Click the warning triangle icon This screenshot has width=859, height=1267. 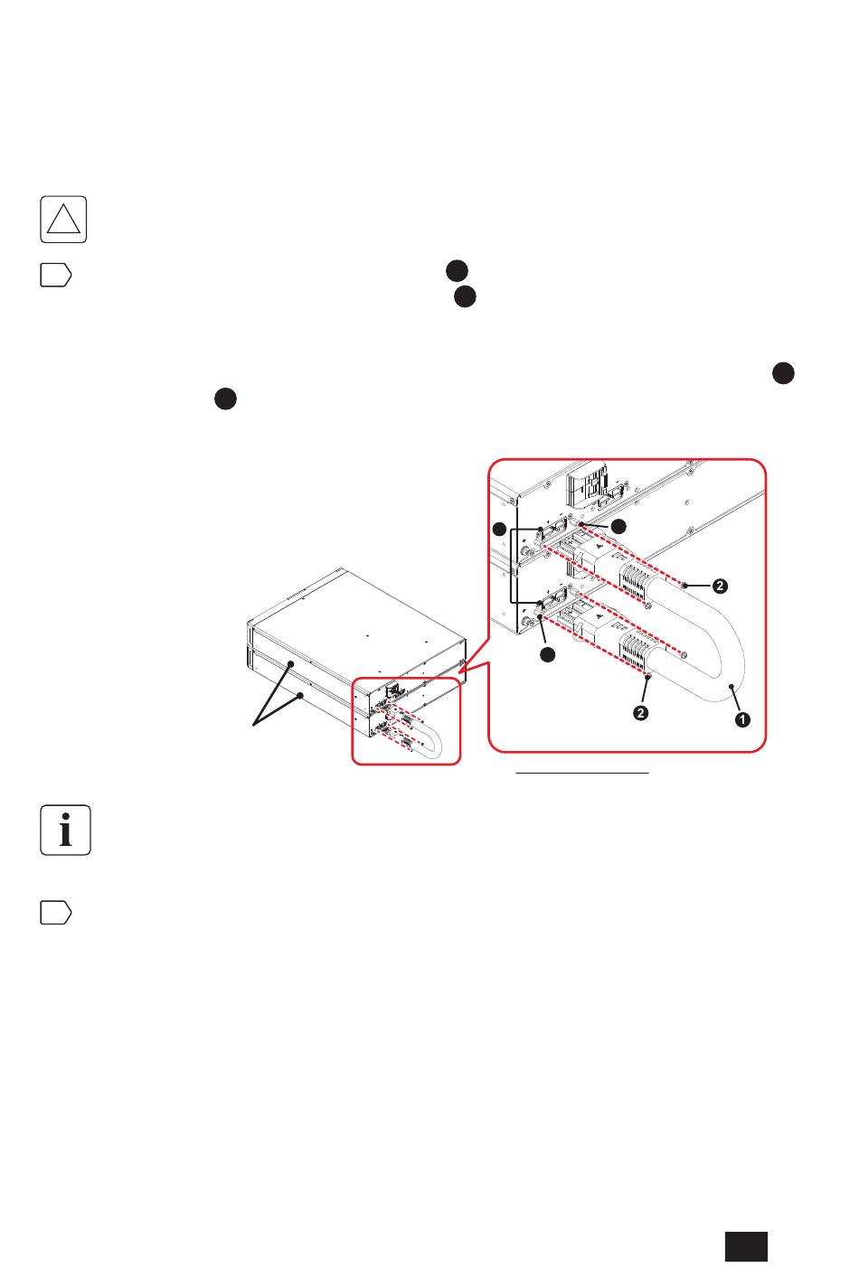tap(63, 220)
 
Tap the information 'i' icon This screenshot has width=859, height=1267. tap(66, 830)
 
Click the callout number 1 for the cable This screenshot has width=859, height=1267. tap(741, 719)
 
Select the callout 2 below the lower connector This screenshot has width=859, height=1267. tap(640, 713)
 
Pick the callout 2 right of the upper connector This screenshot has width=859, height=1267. tap(720, 586)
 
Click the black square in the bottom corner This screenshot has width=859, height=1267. tap(746, 1246)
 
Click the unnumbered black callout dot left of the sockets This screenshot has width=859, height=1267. tap(499, 530)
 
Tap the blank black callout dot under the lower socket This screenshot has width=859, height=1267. tap(547, 655)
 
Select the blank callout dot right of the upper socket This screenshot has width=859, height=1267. tap(618, 526)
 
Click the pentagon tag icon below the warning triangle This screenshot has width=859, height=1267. tap(55, 275)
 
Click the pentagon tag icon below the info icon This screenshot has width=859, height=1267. tap(55, 913)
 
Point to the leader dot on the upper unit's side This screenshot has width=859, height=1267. tap(291, 663)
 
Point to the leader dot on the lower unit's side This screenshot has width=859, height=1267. tap(300, 695)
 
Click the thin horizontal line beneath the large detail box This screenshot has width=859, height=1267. tap(581, 772)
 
